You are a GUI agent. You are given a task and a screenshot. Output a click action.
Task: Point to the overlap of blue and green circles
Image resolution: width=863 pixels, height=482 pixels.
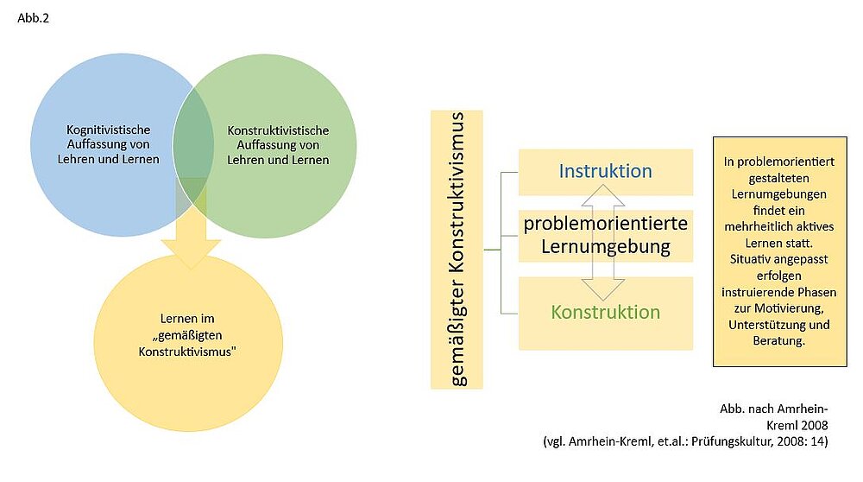(x=192, y=138)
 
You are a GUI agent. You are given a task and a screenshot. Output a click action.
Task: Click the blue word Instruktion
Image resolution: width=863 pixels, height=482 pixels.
(x=605, y=171)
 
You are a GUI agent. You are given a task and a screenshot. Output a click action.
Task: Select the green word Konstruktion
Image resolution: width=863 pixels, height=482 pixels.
(x=606, y=313)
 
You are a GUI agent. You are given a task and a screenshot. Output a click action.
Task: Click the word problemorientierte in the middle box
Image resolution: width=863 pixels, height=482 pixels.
(x=606, y=224)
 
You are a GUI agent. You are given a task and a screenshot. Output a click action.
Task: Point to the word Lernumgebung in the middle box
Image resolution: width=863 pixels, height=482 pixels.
(x=606, y=247)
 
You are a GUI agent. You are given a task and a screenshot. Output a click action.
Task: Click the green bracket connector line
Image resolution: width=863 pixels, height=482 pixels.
(x=501, y=250)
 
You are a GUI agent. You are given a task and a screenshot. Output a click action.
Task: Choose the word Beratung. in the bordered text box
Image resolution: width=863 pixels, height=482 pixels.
(x=778, y=341)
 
